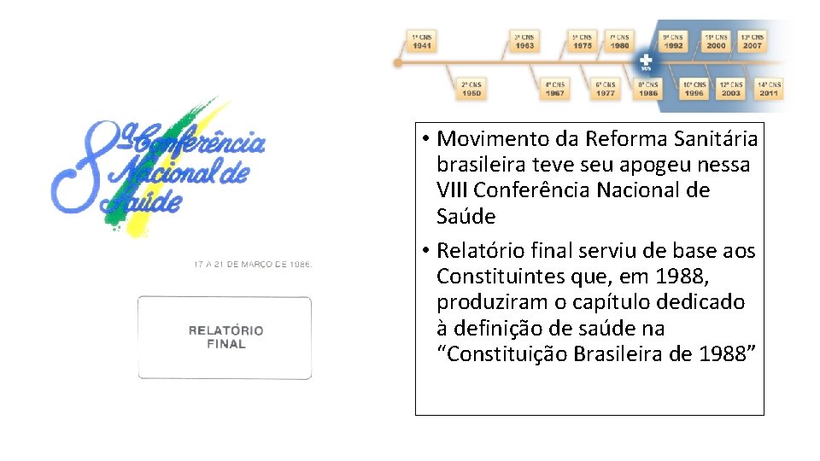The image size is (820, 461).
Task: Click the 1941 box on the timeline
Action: coord(422,41)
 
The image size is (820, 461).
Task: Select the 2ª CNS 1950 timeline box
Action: coord(471,89)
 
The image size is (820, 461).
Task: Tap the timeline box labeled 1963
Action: coord(524,41)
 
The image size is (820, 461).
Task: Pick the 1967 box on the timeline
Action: coord(555,89)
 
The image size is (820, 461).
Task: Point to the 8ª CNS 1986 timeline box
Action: coord(647,89)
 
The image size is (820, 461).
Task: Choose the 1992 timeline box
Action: coord(673,41)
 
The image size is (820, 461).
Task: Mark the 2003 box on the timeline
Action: coord(730,89)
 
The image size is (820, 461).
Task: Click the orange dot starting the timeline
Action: coord(398,62)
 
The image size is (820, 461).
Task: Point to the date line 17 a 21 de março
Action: coord(253,265)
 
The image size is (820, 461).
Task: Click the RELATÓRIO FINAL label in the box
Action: coord(225,337)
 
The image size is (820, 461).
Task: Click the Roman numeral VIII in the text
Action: coord(452,190)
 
